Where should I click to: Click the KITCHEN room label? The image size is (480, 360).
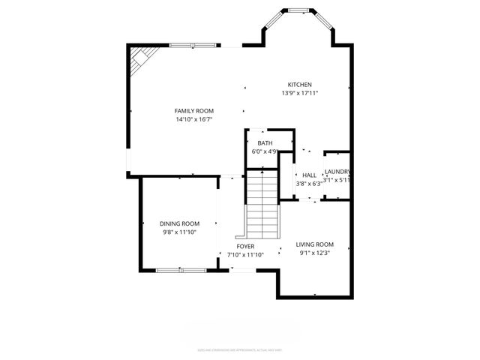point(300,85)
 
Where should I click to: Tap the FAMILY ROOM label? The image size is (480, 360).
point(194,111)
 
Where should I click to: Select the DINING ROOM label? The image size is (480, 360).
point(179,223)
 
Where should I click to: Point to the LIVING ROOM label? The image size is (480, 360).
point(314,244)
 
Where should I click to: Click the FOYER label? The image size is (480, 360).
point(245,246)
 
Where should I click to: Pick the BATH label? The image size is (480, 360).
point(265,142)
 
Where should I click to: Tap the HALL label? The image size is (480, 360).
point(309,175)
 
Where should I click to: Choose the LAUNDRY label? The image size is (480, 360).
point(337,172)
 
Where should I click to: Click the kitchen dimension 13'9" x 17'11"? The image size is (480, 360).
point(300,94)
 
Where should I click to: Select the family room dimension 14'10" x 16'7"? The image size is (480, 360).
point(194,119)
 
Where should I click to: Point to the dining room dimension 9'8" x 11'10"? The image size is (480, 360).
point(179,232)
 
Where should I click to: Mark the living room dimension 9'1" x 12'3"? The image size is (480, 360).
point(314,253)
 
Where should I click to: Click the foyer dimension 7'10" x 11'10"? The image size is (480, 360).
point(245,255)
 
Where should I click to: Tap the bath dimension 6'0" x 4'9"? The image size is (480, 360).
point(264,151)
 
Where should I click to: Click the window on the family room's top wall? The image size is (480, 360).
point(193,46)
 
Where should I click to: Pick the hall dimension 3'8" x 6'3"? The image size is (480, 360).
point(309,183)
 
